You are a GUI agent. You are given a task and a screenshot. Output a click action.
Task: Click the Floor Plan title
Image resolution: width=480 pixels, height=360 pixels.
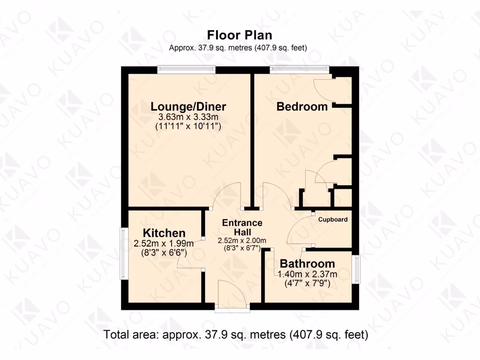tap(240, 35)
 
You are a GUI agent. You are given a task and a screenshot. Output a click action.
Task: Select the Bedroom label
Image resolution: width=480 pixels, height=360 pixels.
tap(302, 106)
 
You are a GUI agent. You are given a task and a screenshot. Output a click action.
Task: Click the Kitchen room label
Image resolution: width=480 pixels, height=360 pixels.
tap(164, 232)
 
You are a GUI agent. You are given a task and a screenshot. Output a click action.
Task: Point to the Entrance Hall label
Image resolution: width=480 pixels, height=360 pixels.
tap(242, 227)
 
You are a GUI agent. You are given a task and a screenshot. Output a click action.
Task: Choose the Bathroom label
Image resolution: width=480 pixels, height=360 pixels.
tap(307, 263)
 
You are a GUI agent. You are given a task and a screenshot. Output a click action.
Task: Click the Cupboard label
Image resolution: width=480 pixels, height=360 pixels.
tap(333, 219)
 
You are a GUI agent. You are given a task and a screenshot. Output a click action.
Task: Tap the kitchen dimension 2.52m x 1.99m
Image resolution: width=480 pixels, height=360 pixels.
tap(164, 243)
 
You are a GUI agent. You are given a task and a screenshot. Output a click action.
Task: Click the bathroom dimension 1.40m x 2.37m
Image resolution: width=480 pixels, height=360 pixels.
tap(307, 274)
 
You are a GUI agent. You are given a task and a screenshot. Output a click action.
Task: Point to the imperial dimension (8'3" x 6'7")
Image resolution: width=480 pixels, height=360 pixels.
tap(242, 248)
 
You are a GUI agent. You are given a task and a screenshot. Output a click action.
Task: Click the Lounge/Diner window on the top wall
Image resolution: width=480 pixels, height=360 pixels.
tap(186, 69)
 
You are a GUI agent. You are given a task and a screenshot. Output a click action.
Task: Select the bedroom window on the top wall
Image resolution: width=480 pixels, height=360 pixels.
tap(300, 69)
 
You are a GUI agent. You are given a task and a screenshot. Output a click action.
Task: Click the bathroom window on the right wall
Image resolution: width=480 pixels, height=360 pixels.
tap(357, 270)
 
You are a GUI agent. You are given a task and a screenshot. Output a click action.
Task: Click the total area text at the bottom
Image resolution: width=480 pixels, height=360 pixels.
tap(236, 335)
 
